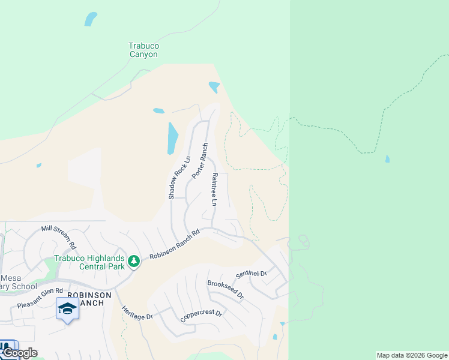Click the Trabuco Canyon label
[143, 50]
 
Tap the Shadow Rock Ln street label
[179, 178]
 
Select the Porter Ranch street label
[200, 161]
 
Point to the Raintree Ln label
[214, 190]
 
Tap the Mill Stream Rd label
[59, 237]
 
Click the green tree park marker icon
[133, 262]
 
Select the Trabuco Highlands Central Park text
[89, 262]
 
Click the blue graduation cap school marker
[67, 310]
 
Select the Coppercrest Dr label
[202, 316]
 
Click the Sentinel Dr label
[252, 273]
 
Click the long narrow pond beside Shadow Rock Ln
[173, 137]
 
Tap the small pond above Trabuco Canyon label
[91, 19]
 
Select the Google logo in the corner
[20, 353]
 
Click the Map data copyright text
[412, 355]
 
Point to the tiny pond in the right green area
[387, 159]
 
